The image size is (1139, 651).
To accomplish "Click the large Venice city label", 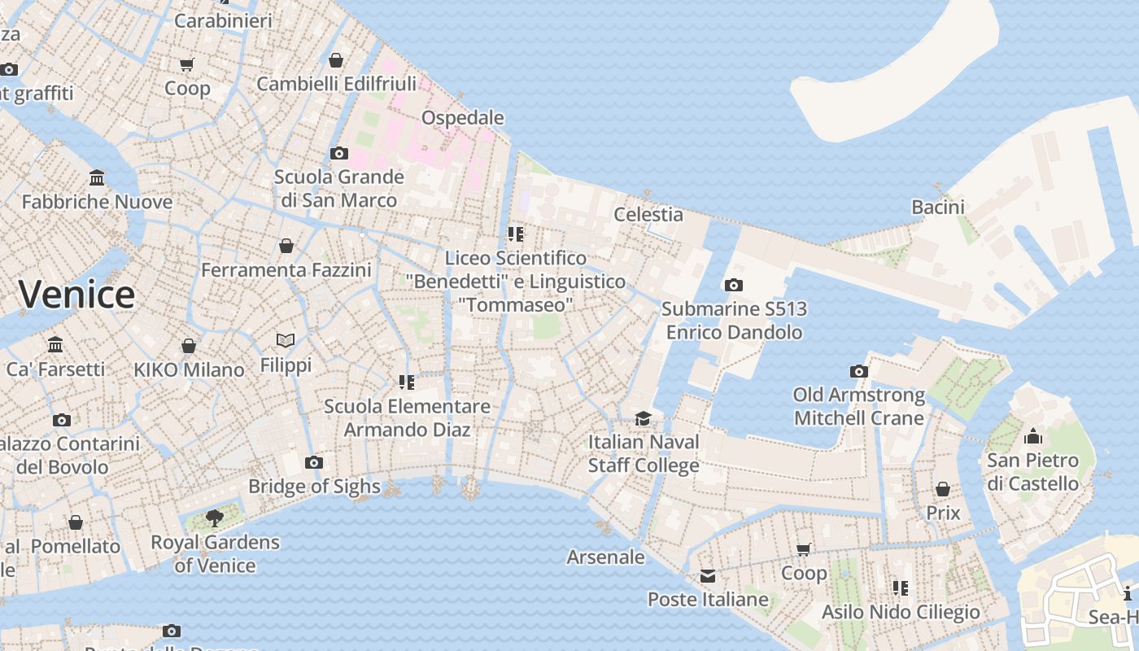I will pyautogui.click(x=77, y=294).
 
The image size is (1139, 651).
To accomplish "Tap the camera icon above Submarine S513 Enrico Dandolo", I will pyautogui.click(x=734, y=285).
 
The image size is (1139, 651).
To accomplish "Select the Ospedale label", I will pyautogui.click(x=463, y=118).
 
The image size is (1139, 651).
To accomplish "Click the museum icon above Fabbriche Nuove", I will pyautogui.click(x=97, y=177).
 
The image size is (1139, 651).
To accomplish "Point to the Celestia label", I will pyautogui.click(x=648, y=215).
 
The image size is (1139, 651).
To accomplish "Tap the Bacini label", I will pyautogui.click(x=938, y=208).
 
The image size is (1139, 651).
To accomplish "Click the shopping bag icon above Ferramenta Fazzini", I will pyautogui.click(x=286, y=246).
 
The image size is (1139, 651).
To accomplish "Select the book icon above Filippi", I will pyautogui.click(x=286, y=340).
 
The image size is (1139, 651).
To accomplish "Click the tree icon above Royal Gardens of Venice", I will pyautogui.click(x=215, y=518).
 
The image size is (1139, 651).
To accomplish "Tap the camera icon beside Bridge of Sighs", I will pyautogui.click(x=314, y=463).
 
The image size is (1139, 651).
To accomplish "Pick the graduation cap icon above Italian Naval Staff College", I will pyautogui.click(x=644, y=418).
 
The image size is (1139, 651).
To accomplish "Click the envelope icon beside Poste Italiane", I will pyautogui.click(x=708, y=576).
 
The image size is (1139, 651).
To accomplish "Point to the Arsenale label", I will pyautogui.click(x=606, y=557).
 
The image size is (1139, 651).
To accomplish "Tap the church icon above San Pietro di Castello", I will pyautogui.click(x=1033, y=436).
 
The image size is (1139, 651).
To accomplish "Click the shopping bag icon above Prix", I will pyautogui.click(x=943, y=489).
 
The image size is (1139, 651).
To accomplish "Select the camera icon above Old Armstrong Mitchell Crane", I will pyautogui.click(x=859, y=372).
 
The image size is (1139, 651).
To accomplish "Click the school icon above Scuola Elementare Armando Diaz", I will pyautogui.click(x=407, y=382).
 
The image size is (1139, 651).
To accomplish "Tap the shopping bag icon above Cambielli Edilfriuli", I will pyautogui.click(x=336, y=60).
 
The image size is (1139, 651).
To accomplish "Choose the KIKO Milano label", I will pyautogui.click(x=189, y=369).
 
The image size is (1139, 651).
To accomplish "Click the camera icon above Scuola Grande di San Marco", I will pyautogui.click(x=339, y=153).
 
